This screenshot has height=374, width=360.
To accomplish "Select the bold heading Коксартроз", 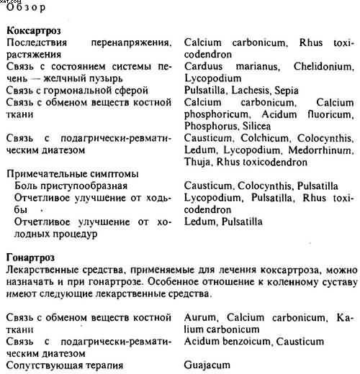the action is click(x=33, y=32).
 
